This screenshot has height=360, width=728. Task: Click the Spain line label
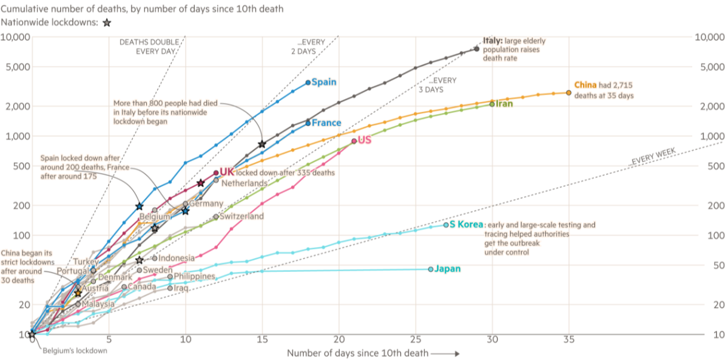click(x=324, y=82)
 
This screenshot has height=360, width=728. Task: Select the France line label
click(x=326, y=123)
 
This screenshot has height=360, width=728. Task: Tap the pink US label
click(x=365, y=140)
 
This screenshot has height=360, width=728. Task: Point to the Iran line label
click(x=505, y=104)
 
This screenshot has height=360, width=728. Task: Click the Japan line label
click(x=448, y=269)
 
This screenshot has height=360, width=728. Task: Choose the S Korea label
click(x=467, y=225)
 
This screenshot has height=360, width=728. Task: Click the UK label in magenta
click(x=226, y=172)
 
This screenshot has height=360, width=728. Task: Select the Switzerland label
click(x=241, y=216)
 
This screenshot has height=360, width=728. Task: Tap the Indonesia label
click(x=176, y=257)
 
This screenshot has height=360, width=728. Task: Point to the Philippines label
click(x=194, y=276)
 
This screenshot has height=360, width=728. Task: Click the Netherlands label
click(x=244, y=183)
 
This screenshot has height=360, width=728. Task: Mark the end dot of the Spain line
click(x=308, y=82)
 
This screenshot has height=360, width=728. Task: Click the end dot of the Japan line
click(x=431, y=269)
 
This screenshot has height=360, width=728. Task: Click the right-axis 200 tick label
click(x=714, y=206)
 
